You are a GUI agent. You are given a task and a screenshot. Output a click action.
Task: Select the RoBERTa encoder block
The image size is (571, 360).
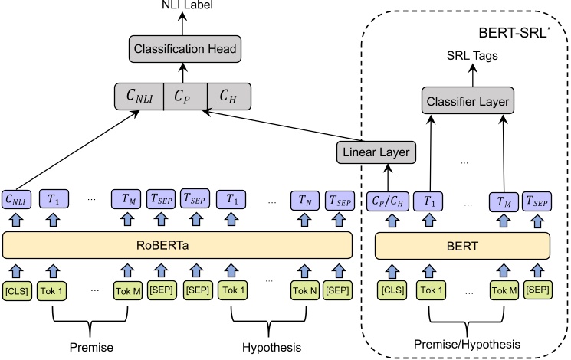[177, 246]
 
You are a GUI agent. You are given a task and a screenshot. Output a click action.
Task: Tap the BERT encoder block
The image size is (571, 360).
[463, 246]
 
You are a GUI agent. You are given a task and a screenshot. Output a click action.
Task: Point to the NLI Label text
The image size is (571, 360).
[182, 6]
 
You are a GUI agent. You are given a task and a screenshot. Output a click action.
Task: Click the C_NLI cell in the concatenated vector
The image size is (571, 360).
[139, 97]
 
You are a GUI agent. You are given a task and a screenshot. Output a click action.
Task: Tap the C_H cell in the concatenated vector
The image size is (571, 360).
[228, 97]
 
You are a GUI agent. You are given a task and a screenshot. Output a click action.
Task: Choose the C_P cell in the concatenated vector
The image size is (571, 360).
[185, 97]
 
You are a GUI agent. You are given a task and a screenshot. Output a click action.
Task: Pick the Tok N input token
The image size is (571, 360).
[304, 291]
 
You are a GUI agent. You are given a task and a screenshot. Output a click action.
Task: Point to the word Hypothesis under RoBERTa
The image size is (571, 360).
[271, 347]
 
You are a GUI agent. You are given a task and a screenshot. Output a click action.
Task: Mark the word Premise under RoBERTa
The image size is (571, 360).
[91, 347]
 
